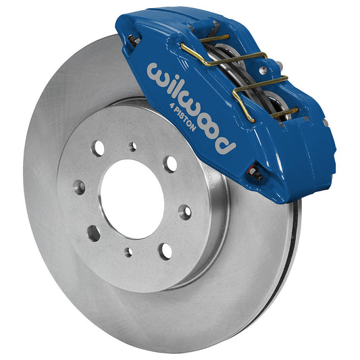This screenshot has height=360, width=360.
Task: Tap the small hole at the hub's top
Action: pos(133,146)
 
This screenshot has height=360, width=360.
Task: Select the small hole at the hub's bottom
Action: pos(128,252)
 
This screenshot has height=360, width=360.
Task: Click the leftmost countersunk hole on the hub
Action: pos(80,187)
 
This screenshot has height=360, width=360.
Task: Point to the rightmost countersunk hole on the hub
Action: pos(184,212)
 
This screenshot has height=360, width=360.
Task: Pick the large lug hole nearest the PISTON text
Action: pos(171,163)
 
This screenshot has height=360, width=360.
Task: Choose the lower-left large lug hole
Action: pos(93,233)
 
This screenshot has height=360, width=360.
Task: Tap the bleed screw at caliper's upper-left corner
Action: pos(134,41)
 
